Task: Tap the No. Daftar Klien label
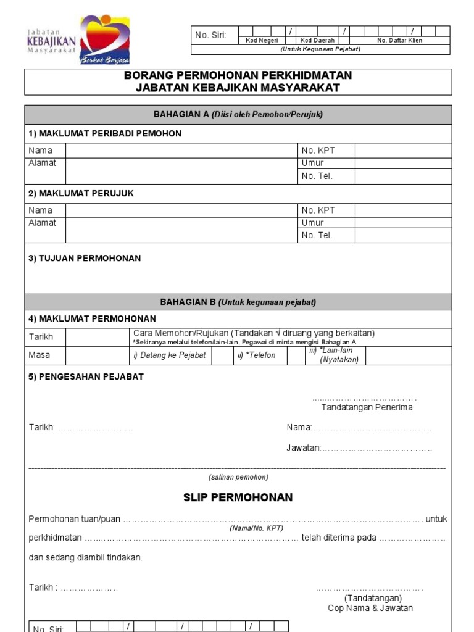click(x=399, y=40)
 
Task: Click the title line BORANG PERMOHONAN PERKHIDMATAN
click(x=238, y=75)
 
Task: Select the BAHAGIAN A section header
click(x=238, y=114)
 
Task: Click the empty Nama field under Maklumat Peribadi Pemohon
click(x=181, y=151)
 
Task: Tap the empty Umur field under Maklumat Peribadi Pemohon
click(x=403, y=164)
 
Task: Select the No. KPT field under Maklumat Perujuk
click(x=403, y=210)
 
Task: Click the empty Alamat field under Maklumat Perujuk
click(x=181, y=229)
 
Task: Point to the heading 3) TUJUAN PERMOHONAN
click(x=85, y=259)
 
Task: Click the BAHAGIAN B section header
click(x=238, y=302)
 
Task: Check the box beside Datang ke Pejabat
click(x=222, y=355)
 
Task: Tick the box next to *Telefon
click(x=296, y=355)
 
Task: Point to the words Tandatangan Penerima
click(x=367, y=407)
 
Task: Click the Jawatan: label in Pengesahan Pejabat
click(x=303, y=448)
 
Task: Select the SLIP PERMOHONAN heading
click(x=238, y=497)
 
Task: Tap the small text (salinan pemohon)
click(x=238, y=477)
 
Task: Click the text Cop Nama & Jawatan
click(x=370, y=608)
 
